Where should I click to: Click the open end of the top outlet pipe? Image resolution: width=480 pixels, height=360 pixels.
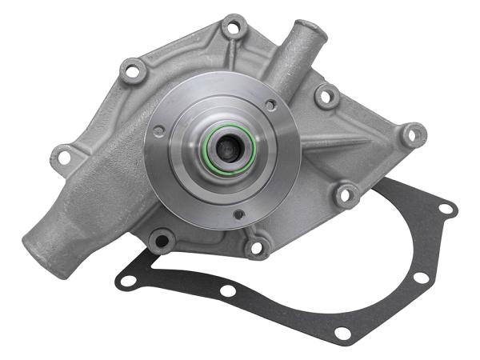307,30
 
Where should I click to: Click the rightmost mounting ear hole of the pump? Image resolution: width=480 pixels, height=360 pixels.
413,135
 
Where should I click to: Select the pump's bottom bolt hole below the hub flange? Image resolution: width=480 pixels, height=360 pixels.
256,246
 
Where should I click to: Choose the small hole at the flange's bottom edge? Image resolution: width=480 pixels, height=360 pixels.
238,214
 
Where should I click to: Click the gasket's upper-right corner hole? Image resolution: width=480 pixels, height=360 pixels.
445,210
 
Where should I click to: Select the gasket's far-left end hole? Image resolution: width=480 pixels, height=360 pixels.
126,281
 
